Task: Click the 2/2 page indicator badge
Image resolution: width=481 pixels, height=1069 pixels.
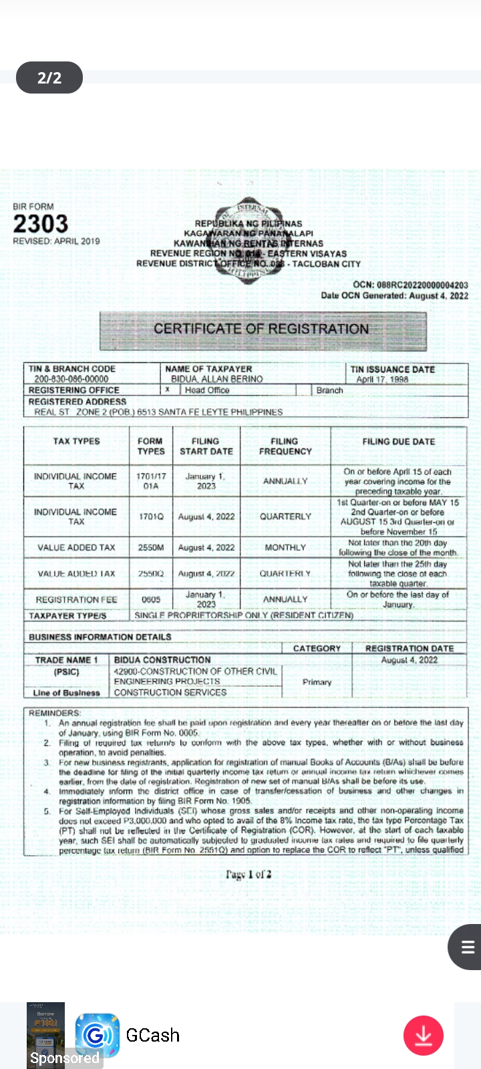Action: click(49, 78)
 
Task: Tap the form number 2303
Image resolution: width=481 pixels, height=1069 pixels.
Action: click(40, 224)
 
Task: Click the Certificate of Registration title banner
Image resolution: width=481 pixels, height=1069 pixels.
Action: click(261, 329)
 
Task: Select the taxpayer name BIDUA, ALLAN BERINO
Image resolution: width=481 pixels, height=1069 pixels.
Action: click(216, 379)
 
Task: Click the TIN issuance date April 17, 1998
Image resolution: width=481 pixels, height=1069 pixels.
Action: click(382, 379)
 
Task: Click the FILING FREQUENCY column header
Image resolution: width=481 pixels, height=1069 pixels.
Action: click(285, 446)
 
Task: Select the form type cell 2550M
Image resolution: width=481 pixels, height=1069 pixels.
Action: click(151, 547)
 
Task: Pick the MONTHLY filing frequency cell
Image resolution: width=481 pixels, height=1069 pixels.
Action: click(285, 547)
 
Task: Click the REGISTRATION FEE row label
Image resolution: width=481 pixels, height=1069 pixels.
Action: click(76, 599)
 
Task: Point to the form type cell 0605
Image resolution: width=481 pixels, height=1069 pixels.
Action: click(151, 599)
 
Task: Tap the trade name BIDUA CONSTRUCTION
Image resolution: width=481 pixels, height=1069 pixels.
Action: click(162, 659)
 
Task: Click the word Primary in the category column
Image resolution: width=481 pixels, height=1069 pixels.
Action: click(317, 682)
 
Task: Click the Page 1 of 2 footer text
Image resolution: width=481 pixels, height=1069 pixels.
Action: click(249, 874)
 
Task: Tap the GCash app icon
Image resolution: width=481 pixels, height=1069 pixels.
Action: click(97, 1035)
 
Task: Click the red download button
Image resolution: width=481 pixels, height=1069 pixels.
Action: click(424, 1036)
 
